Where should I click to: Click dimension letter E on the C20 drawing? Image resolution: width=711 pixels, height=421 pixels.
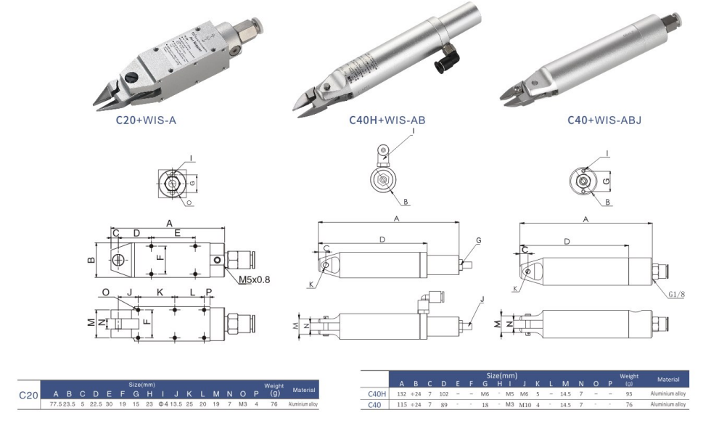click(x=178, y=233)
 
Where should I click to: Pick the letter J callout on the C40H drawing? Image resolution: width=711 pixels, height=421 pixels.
click(x=482, y=299)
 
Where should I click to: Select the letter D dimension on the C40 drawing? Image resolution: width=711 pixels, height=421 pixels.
click(x=567, y=240)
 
